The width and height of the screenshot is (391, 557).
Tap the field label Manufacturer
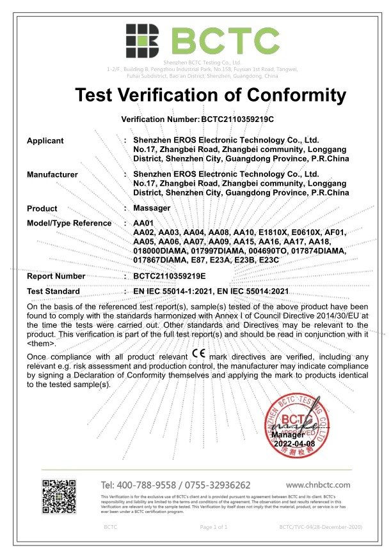(52, 174)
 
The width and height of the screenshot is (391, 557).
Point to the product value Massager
(151, 208)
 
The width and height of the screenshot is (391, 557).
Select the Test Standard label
(53, 291)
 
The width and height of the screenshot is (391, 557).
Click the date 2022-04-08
(295, 443)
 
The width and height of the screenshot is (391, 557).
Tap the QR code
(62, 497)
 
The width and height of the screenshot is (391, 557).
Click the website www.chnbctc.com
(318, 485)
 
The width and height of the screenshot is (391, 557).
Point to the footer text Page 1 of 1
(214, 527)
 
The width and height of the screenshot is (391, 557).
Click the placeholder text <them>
(40, 342)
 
